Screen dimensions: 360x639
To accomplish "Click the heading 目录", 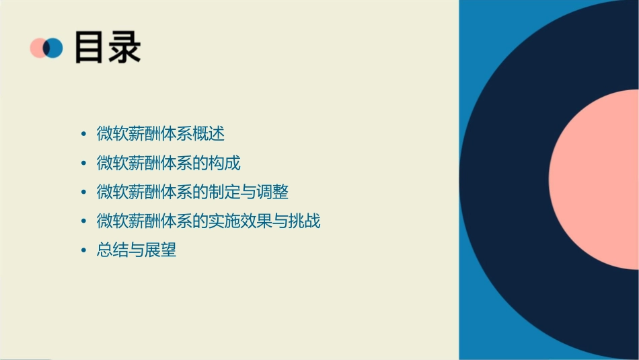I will (x=108, y=47).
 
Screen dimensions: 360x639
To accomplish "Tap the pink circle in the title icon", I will (x=37, y=48).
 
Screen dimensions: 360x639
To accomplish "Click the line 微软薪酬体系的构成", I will (x=168, y=163).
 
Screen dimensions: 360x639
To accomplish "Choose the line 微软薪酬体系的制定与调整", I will (x=192, y=192).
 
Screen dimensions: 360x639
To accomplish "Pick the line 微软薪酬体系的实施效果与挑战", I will (x=209, y=221).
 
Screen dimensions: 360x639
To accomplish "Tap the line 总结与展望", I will (x=137, y=250).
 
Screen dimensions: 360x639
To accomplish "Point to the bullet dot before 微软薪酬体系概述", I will (x=83, y=134).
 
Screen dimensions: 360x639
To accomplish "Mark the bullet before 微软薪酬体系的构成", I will (x=83, y=164).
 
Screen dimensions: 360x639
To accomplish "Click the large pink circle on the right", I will (x=595, y=178).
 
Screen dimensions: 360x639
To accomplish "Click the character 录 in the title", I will (x=124, y=47).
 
